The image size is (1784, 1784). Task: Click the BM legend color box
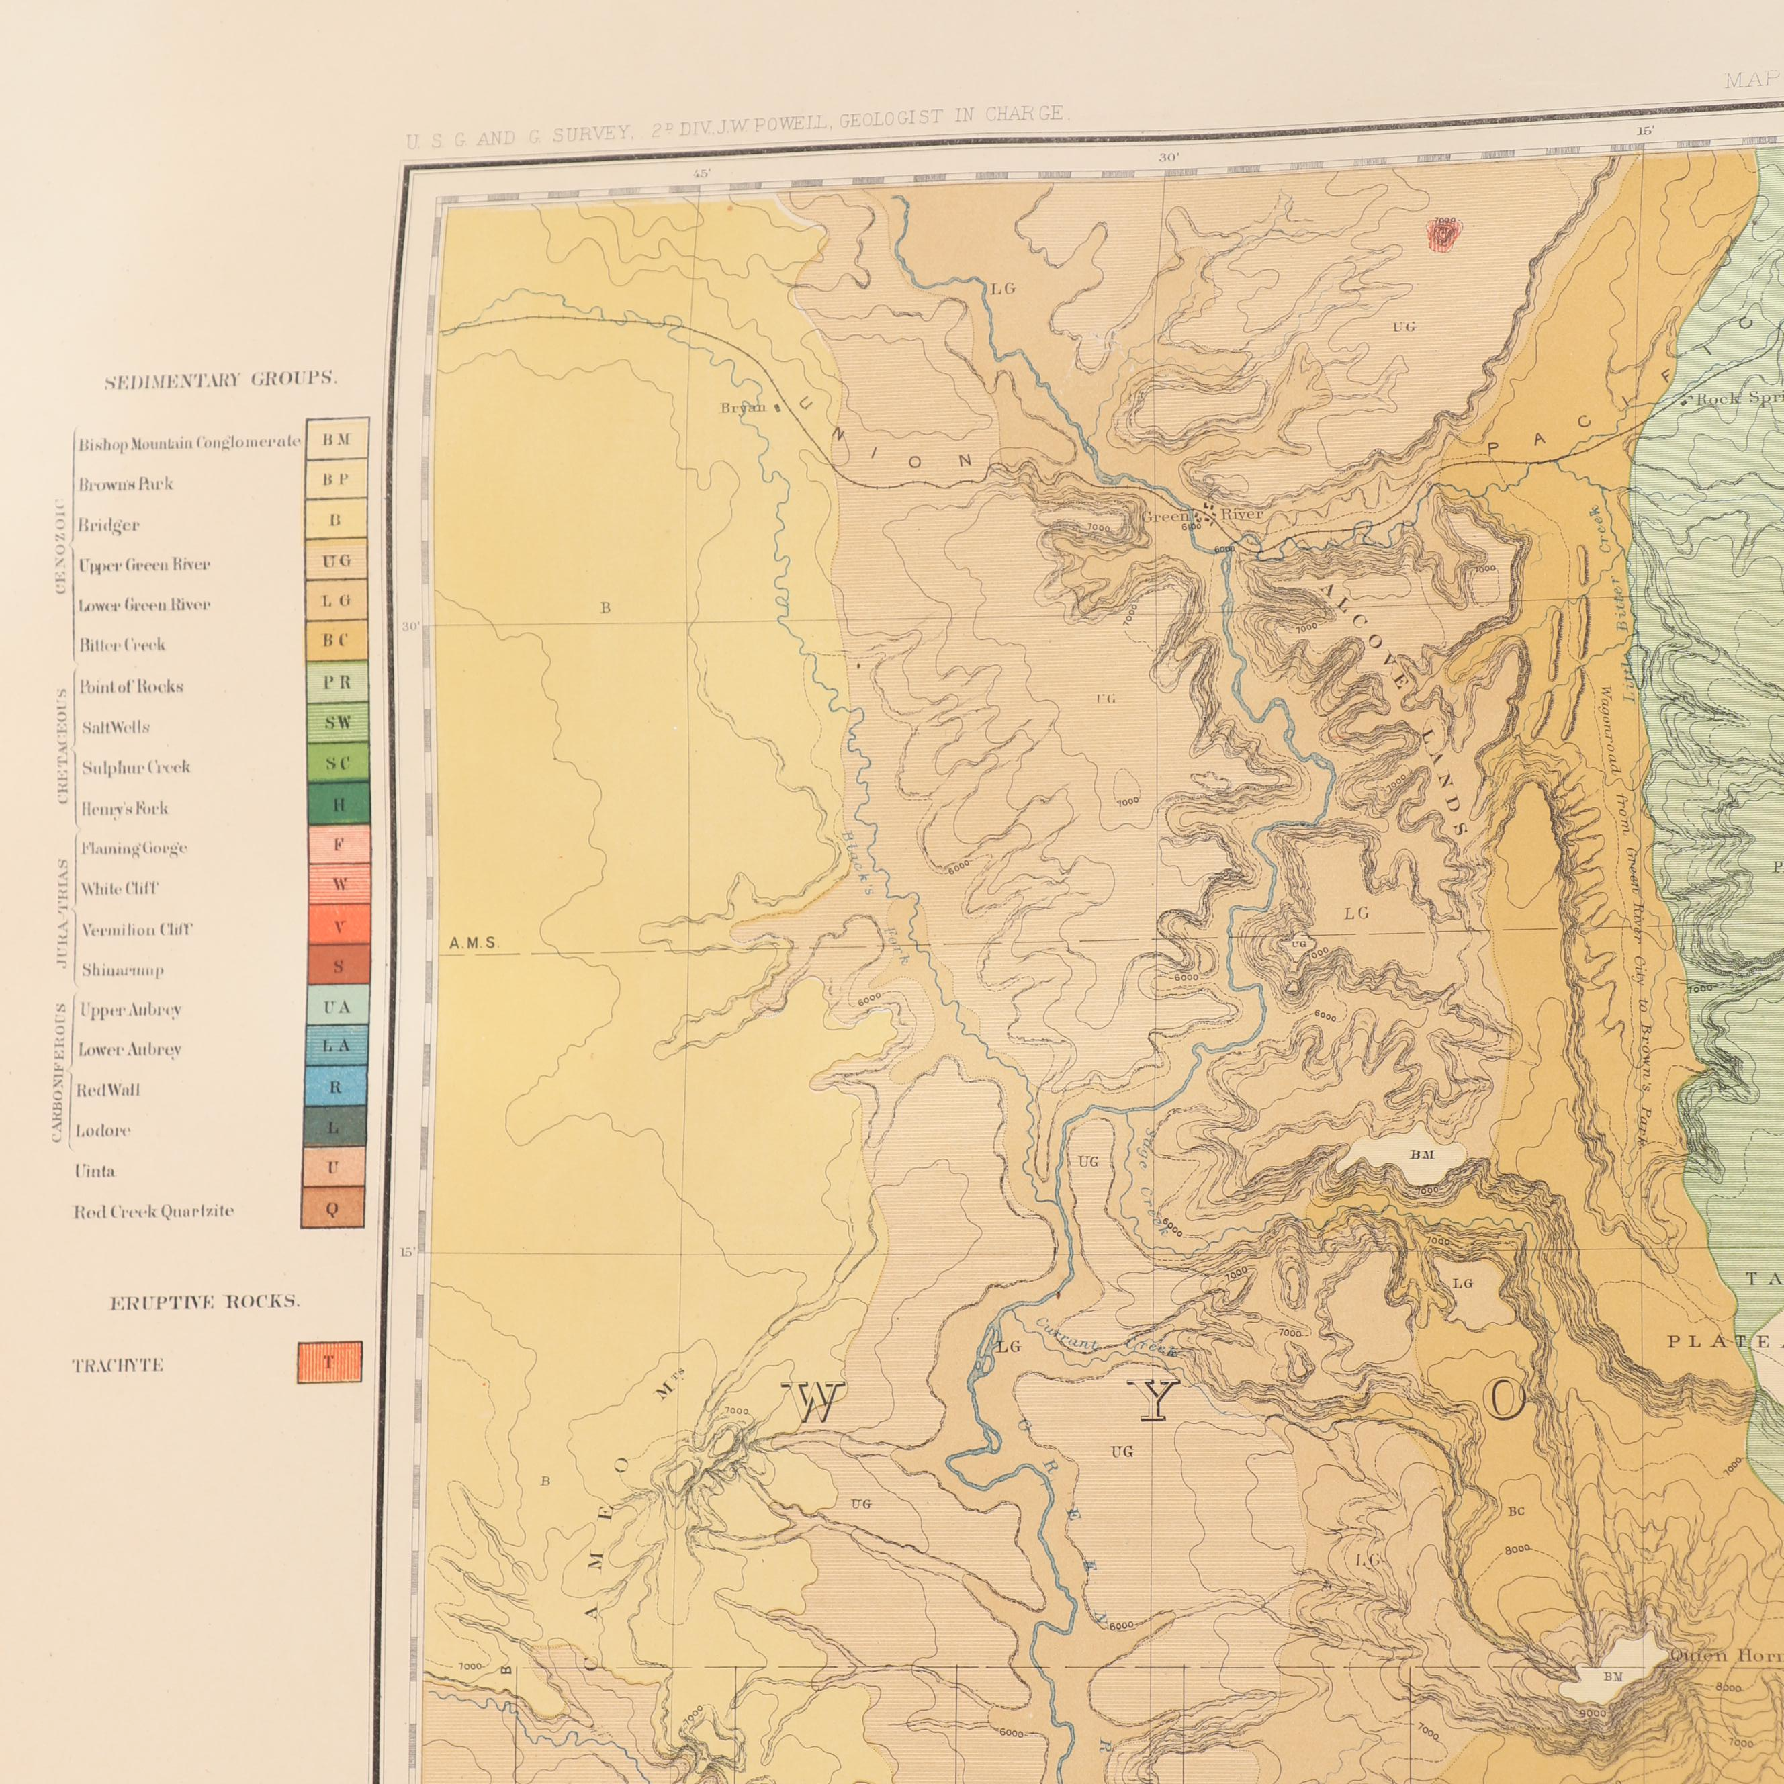337,439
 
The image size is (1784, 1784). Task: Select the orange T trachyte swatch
330,1362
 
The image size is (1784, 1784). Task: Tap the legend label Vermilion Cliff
136,930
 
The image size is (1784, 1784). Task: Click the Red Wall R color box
335,1087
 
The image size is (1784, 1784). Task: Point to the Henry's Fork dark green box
338,804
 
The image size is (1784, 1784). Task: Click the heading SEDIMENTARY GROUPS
222,380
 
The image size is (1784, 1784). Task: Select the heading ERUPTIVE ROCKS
205,1303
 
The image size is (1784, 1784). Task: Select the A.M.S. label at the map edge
474,944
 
